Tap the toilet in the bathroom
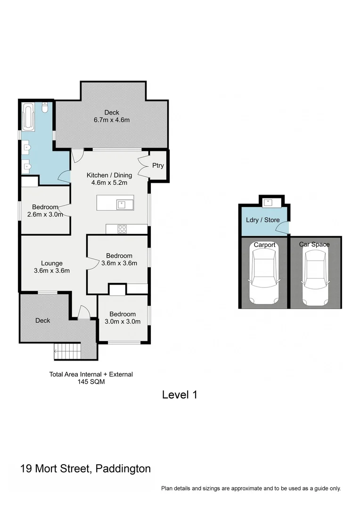point(45,108)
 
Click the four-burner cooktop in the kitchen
point(123,230)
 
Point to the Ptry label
point(158,165)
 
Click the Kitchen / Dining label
point(109,175)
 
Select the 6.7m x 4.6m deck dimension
point(112,120)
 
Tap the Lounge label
point(52,263)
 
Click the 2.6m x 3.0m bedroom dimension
point(45,214)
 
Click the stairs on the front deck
point(62,351)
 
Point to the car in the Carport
point(264,276)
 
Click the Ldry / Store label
point(263,220)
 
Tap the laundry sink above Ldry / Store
point(269,203)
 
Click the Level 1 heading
point(180,395)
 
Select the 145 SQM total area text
point(91,382)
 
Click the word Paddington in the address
point(123,469)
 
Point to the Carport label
point(264,245)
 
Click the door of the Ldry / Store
point(283,229)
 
